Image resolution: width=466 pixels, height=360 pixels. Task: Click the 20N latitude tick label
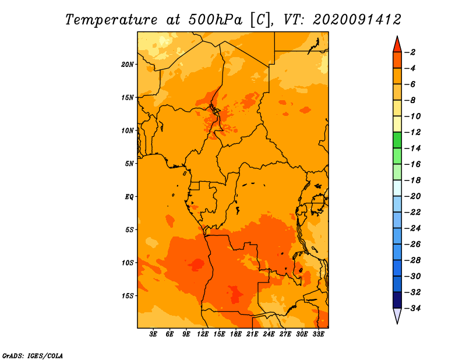(x=128, y=65)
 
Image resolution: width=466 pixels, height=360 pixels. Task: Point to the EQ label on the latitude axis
(x=129, y=197)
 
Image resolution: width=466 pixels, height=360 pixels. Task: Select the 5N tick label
(x=129, y=164)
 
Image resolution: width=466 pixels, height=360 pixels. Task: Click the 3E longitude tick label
(x=153, y=334)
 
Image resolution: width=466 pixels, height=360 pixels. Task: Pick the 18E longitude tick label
(x=235, y=334)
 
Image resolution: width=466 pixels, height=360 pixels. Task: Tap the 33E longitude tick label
(x=318, y=334)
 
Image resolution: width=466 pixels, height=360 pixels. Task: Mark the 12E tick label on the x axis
(x=202, y=334)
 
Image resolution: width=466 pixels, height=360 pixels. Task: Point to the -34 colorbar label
(x=413, y=308)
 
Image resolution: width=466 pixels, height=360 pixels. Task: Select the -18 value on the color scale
(x=413, y=181)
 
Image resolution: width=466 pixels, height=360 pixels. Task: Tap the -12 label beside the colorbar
(x=413, y=132)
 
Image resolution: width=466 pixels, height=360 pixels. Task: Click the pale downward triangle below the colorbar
(x=397, y=315)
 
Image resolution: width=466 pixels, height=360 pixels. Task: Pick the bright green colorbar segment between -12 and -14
(x=397, y=140)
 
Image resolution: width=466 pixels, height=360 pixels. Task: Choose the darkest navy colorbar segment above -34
(x=397, y=300)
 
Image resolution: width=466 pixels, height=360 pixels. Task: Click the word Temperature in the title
(x=111, y=20)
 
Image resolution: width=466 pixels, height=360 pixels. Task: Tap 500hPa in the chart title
(x=215, y=20)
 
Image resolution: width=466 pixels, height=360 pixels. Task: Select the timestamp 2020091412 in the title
(x=357, y=20)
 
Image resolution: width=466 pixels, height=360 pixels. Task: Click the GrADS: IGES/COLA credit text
(x=33, y=356)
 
